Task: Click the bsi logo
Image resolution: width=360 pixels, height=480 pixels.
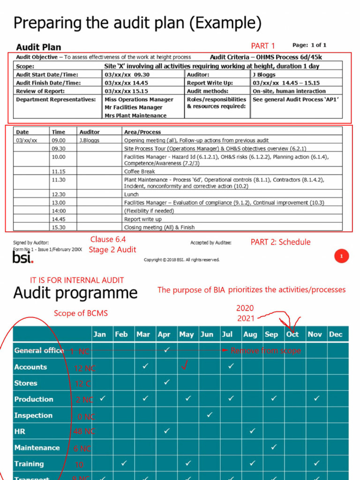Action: [x=22, y=258]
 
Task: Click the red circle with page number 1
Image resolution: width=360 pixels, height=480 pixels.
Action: [x=341, y=256]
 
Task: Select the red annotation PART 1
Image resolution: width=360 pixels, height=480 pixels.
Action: [x=263, y=45]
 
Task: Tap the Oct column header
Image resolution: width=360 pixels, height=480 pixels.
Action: [x=292, y=334]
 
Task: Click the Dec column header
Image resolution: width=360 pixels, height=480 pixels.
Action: [x=336, y=334]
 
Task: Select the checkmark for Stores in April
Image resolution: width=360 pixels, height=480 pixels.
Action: [x=167, y=382]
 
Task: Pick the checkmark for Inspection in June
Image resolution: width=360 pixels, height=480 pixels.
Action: [x=210, y=415]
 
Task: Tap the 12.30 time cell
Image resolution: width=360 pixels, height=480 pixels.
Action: [x=59, y=194]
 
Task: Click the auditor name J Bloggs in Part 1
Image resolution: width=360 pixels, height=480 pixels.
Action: [x=264, y=75]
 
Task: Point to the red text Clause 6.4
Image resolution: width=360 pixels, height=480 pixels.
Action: [x=108, y=240]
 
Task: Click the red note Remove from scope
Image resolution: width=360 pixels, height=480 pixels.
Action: [x=265, y=351]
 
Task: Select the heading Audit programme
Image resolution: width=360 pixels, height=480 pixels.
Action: [x=75, y=293]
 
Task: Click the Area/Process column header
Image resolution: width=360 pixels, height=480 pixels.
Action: [x=142, y=132]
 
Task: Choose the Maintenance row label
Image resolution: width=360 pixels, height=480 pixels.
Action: [x=37, y=448]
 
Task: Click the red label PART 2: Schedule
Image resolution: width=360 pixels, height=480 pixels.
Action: [x=280, y=242]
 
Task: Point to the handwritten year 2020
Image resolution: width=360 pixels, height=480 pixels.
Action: [x=245, y=308]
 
